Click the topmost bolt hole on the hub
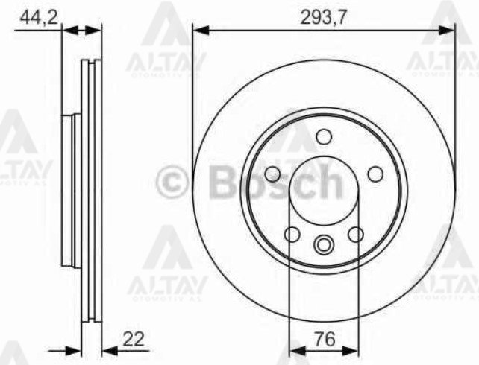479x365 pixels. pos(323,136)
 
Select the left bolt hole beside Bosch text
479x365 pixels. pos(272,174)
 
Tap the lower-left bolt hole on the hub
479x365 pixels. pos(292,235)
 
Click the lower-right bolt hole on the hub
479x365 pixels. pos(355,235)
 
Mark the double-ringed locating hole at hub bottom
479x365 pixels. pos(323,244)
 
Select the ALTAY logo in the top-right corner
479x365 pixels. pos(444,41)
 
